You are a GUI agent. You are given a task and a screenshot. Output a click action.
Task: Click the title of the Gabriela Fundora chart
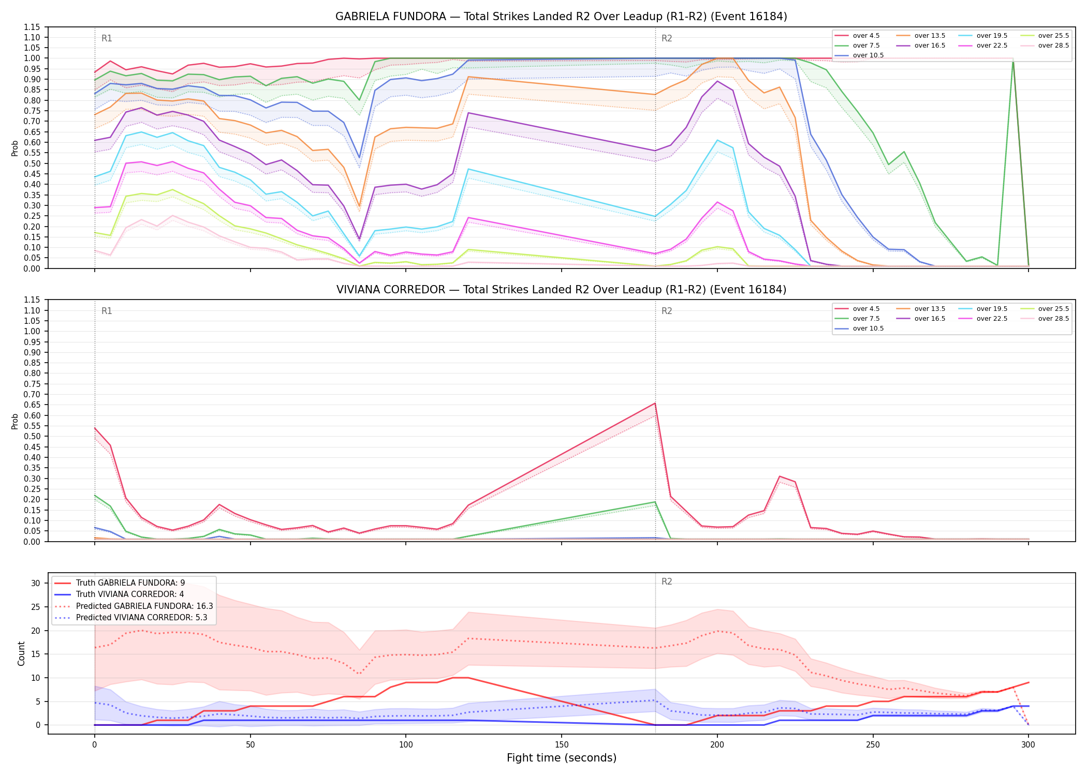(x=561, y=17)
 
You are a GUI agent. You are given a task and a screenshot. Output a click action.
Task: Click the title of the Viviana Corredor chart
(x=561, y=290)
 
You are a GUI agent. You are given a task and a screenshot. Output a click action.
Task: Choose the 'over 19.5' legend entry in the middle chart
(x=983, y=309)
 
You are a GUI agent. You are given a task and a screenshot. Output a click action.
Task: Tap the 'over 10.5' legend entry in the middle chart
(x=859, y=329)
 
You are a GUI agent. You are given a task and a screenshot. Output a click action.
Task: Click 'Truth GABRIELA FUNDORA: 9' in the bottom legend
(x=120, y=583)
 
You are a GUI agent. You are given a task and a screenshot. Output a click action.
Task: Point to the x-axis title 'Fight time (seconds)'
(x=562, y=758)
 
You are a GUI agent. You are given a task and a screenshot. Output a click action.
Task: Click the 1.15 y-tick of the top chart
(x=32, y=27)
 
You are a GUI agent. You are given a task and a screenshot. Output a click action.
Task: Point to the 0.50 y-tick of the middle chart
(x=32, y=437)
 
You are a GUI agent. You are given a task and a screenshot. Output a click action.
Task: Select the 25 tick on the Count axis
(x=36, y=607)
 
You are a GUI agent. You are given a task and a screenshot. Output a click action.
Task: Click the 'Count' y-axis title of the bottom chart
(x=21, y=653)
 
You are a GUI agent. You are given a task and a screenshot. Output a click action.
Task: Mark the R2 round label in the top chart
(x=667, y=38)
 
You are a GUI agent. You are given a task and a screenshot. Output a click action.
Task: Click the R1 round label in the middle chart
(x=107, y=311)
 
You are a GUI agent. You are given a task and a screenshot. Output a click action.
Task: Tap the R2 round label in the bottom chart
(x=667, y=581)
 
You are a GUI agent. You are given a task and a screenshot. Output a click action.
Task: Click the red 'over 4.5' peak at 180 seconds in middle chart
(x=655, y=404)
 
